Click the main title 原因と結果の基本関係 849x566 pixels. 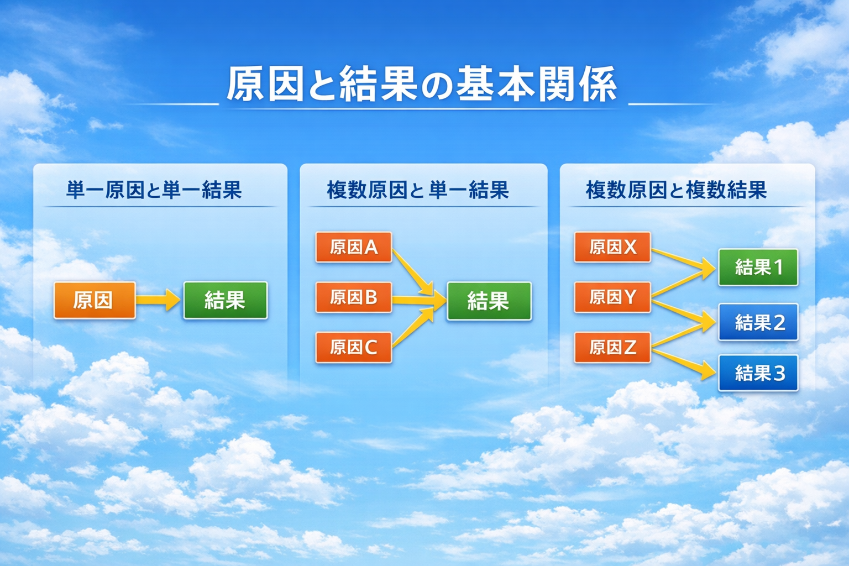[x=421, y=85]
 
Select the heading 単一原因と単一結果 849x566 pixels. [x=154, y=190]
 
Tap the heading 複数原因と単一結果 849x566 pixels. [x=417, y=190]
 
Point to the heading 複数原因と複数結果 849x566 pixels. [x=676, y=190]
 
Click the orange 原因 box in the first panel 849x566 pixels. [x=95, y=300]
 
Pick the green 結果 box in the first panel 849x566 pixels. [x=225, y=300]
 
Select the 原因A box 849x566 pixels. [x=354, y=247]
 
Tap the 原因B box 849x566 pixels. [x=354, y=297]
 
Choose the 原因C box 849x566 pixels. [x=354, y=347]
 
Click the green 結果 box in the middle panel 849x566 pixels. [x=489, y=301]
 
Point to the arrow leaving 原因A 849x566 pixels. [x=411, y=271]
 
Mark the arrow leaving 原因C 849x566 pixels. [x=412, y=328]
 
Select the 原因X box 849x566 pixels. [x=612, y=247]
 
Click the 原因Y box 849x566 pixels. [x=612, y=297]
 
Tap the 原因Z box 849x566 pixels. [x=612, y=347]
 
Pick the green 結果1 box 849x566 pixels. [x=758, y=268]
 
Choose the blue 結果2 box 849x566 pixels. [x=758, y=322]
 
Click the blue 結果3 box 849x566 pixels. [x=758, y=373]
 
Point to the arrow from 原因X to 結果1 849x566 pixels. [x=683, y=260]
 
